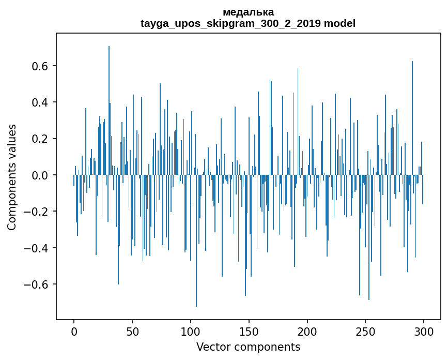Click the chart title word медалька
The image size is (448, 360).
(248, 12)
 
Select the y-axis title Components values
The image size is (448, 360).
(12, 177)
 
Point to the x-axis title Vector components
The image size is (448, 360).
(248, 347)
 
